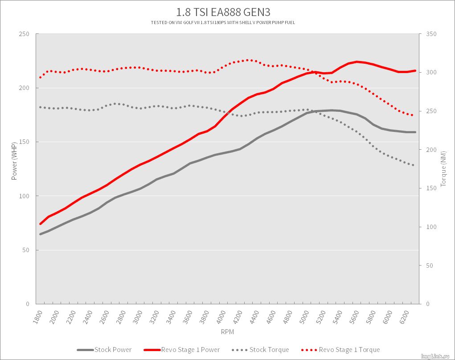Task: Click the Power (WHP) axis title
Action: pos(14,161)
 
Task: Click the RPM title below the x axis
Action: pos(227,332)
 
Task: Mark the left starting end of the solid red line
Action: pos(40,224)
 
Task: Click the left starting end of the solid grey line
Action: pos(40,234)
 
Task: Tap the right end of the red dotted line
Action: pos(413,115)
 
